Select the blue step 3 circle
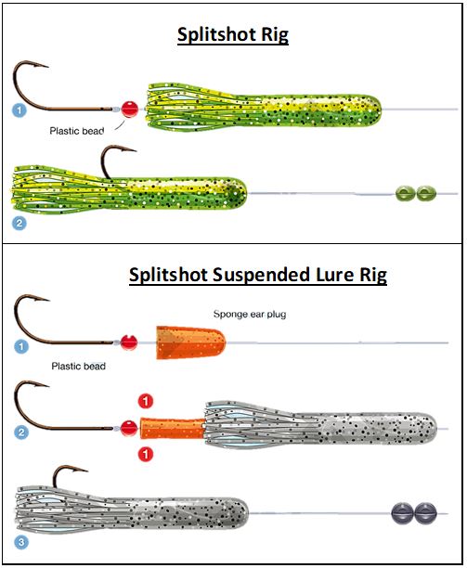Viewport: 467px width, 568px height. click(21, 542)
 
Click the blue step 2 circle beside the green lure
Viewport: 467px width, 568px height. click(19, 223)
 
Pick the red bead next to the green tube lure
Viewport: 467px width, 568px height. click(129, 109)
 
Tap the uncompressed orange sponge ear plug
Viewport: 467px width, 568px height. click(190, 342)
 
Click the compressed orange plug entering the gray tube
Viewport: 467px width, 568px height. click(173, 428)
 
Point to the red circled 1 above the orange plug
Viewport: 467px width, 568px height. click(146, 401)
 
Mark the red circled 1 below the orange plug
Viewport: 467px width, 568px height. click(146, 454)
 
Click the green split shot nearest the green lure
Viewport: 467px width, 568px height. click(405, 193)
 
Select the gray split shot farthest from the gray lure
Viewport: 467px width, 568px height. click(425, 513)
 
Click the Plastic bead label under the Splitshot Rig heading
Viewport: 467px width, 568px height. click(77, 131)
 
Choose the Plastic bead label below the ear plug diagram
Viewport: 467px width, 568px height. click(79, 367)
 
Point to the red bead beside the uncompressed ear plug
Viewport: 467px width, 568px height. click(129, 342)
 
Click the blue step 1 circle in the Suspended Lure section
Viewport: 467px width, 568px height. click(21, 347)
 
